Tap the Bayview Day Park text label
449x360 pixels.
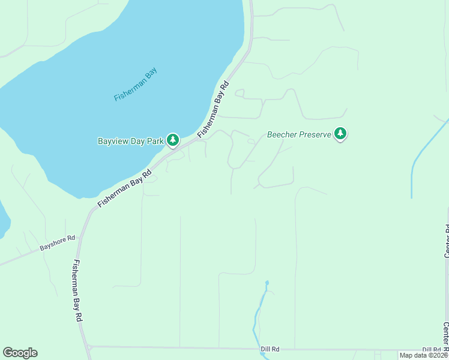tap(131, 142)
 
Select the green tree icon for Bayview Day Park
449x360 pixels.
tap(173, 140)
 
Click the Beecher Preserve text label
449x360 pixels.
tap(299, 135)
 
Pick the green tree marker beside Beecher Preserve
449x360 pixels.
tap(340, 133)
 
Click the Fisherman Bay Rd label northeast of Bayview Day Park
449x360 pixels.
tap(214, 108)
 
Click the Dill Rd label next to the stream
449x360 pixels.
tap(270, 349)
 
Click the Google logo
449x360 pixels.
tap(20, 353)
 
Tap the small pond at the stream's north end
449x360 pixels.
tap(267, 283)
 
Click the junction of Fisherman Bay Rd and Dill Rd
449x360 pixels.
tap(88, 346)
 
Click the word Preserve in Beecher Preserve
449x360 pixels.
tap(315, 135)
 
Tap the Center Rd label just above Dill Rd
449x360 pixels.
tap(446, 336)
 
